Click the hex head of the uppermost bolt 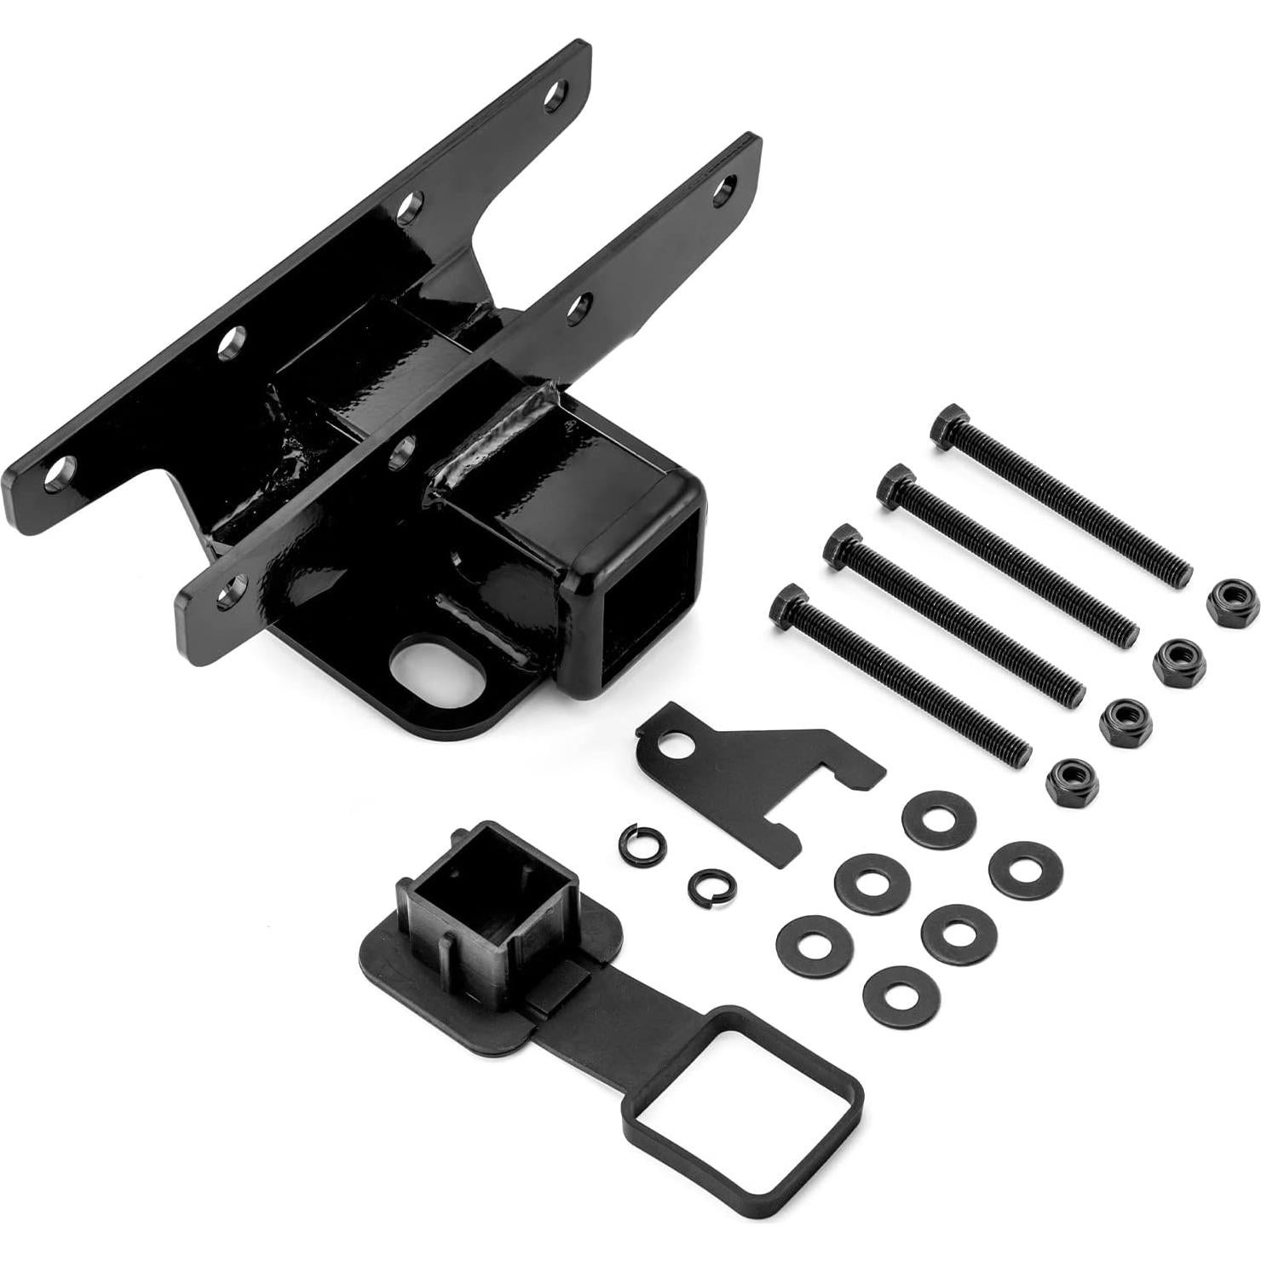click(947, 427)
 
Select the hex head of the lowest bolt click(787, 607)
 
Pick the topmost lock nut click(1232, 602)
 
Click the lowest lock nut click(1072, 782)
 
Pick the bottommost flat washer click(901, 996)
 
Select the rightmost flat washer click(1025, 870)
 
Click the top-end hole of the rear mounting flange click(556, 95)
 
